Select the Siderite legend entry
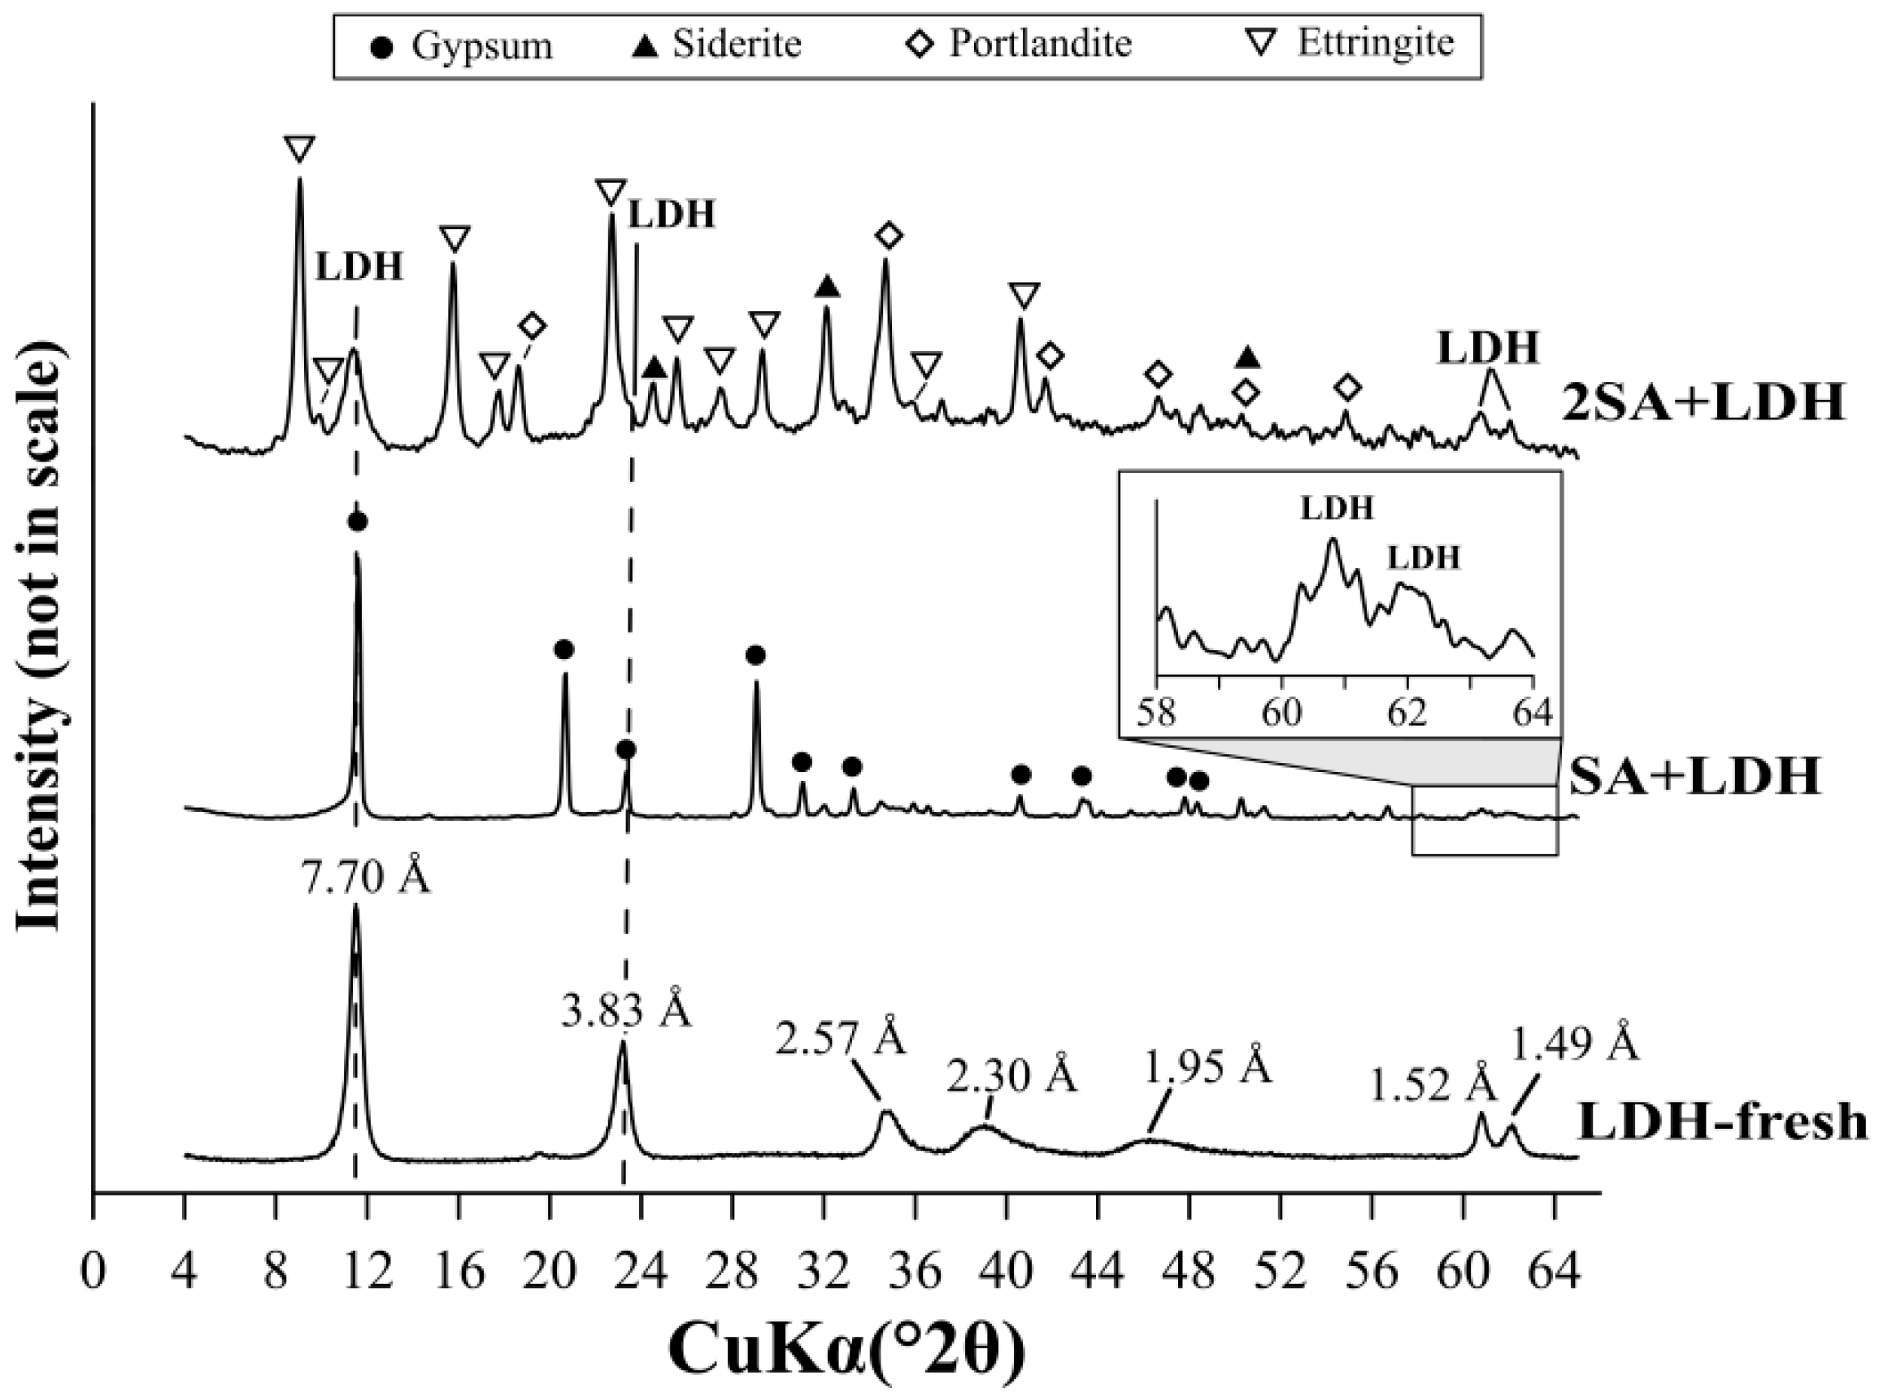coord(717,44)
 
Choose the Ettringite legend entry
coord(1354,42)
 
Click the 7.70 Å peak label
coord(367,879)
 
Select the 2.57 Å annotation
coord(840,1038)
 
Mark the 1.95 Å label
coord(1208,1068)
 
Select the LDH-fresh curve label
coord(1721,1122)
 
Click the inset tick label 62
coord(1406,712)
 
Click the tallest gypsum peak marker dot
coord(357,522)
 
